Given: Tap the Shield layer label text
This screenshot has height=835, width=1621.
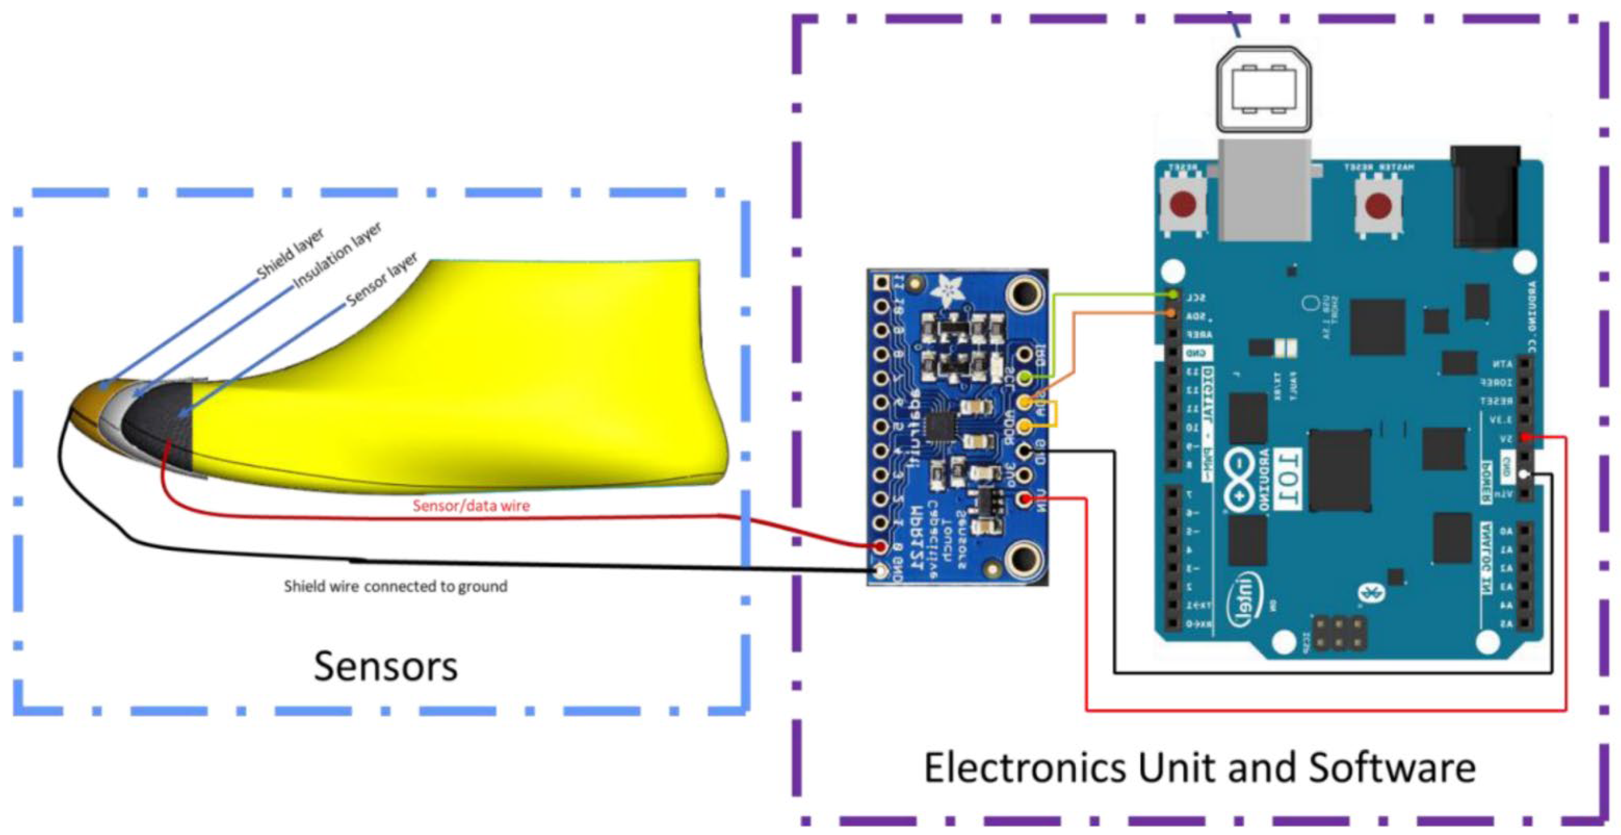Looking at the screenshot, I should (x=291, y=253).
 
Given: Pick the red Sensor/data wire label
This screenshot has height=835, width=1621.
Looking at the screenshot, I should (x=471, y=505).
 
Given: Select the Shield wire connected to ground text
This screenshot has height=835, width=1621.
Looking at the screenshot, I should (x=395, y=587).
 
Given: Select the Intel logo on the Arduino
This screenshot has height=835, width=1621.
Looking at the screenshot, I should (x=1240, y=601).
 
